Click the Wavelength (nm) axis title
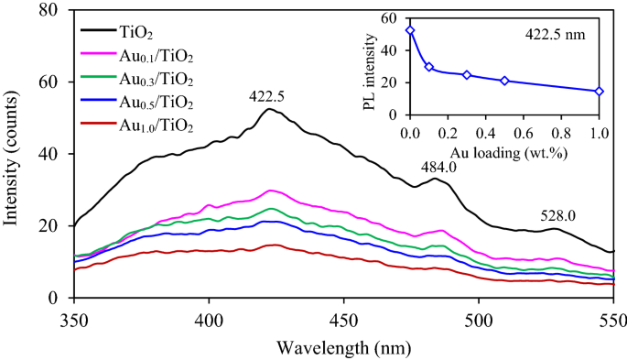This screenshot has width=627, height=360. (x=343, y=347)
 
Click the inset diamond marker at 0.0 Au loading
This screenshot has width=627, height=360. (x=410, y=30)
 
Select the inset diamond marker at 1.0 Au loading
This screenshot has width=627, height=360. (x=600, y=91)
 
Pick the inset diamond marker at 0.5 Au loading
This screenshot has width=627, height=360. (x=504, y=81)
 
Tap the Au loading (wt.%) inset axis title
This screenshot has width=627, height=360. (x=503, y=151)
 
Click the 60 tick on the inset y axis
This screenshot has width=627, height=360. (x=391, y=18)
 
